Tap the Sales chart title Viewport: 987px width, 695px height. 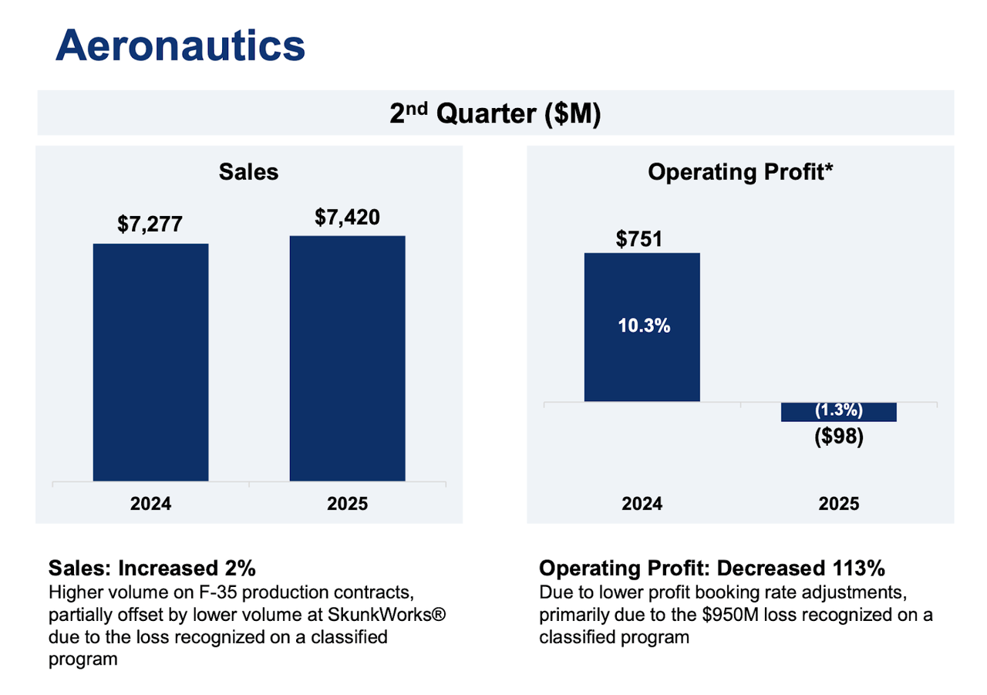[x=248, y=172]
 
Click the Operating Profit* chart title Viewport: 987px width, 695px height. [x=740, y=172]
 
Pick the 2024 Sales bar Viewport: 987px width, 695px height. [x=150, y=363]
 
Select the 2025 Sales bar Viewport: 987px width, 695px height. [x=347, y=359]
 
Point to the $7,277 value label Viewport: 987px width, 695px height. [x=150, y=224]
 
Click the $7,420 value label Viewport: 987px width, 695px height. [x=347, y=218]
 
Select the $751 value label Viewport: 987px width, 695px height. [x=639, y=239]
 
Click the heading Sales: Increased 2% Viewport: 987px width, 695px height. [x=152, y=568]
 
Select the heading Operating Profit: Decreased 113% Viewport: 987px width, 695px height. [x=712, y=568]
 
